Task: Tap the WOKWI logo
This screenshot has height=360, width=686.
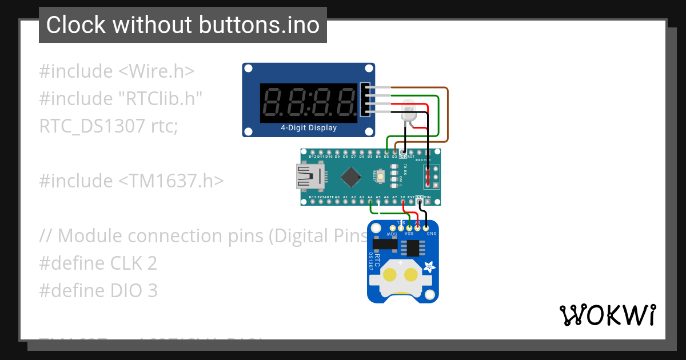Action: click(x=607, y=315)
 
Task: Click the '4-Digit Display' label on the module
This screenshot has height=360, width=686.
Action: click(x=309, y=128)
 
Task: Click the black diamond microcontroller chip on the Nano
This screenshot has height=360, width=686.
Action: click(x=349, y=176)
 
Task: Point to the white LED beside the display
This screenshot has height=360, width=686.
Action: click(x=409, y=110)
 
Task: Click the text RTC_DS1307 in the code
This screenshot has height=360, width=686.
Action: click(x=91, y=126)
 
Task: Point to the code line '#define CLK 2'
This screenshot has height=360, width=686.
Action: click(x=98, y=263)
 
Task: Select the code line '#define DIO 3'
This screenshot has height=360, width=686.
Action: click(x=98, y=291)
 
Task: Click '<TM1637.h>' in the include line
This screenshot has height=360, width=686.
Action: click(x=171, y=181)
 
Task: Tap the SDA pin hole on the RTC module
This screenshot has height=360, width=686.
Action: click(x=409, y=229)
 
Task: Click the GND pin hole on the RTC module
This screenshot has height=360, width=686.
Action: click(x=426, y=229)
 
